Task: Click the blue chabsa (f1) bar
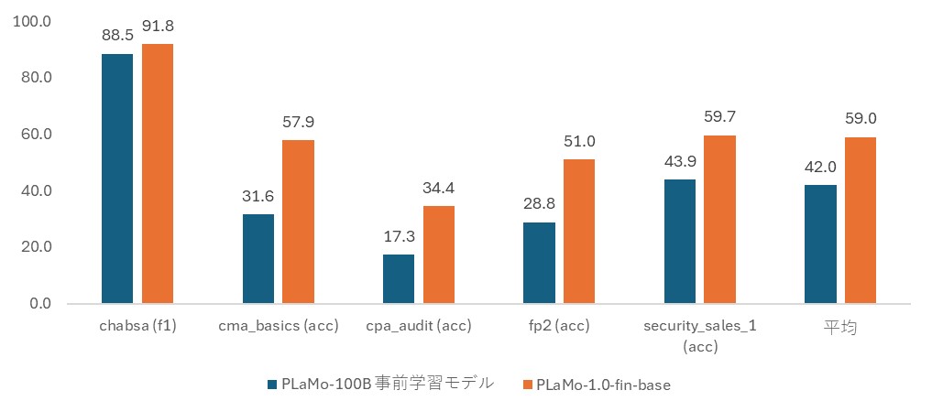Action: [x=117, y=179]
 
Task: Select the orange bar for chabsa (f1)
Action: [x=158, y=174]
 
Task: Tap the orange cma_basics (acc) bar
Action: [x=298, y=222]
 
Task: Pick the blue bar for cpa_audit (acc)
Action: [x=399, y=278]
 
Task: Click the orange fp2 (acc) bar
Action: [x=579, y=231]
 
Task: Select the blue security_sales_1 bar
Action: [x=680, y=241]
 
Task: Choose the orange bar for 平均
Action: [x=861, y=220]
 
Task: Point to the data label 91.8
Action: [x=158, y=34]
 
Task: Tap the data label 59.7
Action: [x=719, y=116]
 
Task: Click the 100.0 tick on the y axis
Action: [x=35, y=21]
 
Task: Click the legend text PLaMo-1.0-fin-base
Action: [x=603, y=385]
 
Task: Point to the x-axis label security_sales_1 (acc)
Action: [x=700, y=336]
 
